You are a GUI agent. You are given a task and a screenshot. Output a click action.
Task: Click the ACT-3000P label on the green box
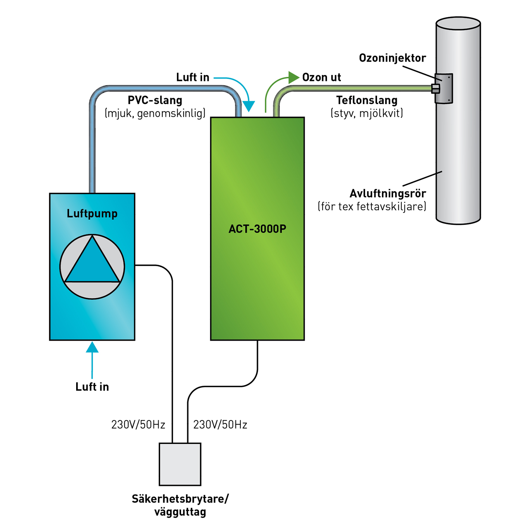257,229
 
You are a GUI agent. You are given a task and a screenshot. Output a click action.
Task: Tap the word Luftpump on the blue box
92,214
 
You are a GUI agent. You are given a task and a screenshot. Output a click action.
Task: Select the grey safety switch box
180,464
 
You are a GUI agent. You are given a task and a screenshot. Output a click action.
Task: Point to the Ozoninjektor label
392,58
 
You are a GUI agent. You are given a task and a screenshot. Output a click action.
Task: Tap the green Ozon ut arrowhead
294,78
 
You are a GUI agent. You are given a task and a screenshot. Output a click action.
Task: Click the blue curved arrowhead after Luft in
249,106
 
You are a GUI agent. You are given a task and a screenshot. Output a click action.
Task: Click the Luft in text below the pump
92,387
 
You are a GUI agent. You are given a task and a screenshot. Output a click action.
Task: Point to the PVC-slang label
155,100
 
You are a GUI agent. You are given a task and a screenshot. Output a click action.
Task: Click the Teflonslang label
367,100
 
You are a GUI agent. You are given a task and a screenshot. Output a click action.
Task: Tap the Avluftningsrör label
388,193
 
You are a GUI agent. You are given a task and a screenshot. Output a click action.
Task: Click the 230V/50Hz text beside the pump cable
138,425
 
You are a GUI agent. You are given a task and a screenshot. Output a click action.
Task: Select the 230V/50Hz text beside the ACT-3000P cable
220,425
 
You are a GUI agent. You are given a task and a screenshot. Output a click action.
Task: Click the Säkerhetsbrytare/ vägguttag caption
180,505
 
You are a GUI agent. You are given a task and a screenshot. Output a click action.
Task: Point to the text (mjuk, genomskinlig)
155,113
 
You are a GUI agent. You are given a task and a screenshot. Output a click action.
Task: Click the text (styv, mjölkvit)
367,113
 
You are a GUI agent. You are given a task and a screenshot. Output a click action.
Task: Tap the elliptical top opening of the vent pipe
458,23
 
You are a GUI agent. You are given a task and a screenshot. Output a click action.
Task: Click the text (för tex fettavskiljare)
372,206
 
